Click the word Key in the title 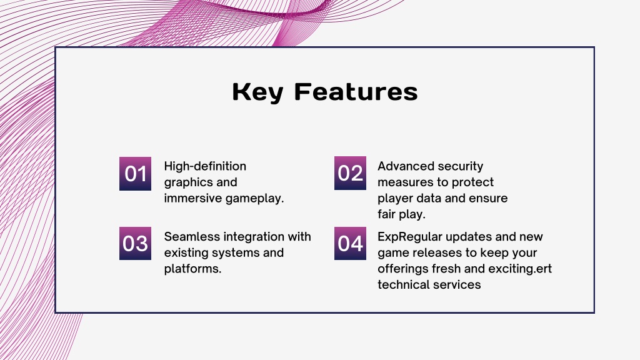[x=258, y=92]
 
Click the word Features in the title [x=356, y=91]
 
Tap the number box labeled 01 [x=135, y=174]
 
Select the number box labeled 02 [x=350, y=173]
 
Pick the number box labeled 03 [x=135, y=243]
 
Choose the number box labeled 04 [x=350, y=243]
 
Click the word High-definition [x=205, y=166]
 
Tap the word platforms [x=192, y=269]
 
